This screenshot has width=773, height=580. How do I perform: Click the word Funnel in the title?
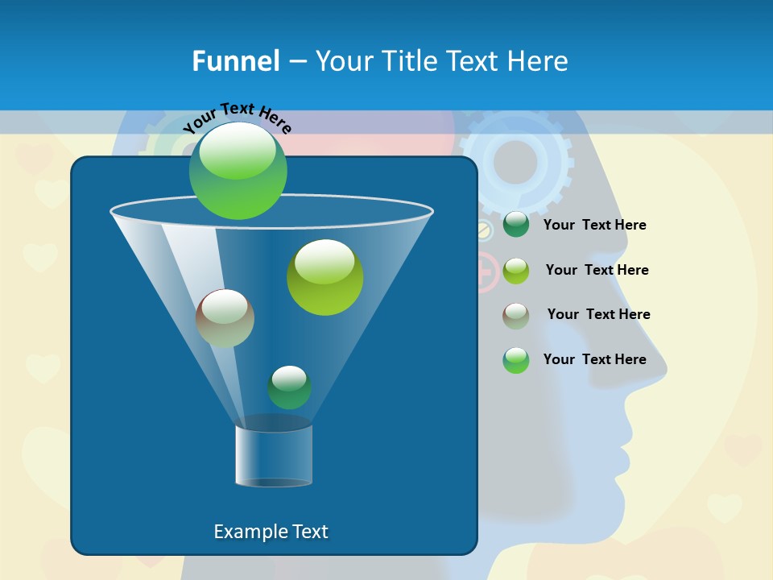tap(235, 61)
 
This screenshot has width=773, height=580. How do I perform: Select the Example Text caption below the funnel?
tap(271, 532)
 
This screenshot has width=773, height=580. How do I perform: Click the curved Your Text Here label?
tap(237, 118)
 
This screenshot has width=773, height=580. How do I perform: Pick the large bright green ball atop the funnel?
tap(238, 170)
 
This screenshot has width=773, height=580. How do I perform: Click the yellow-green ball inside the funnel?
tap(324, 277)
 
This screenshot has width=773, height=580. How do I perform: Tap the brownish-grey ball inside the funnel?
tap(225, 318)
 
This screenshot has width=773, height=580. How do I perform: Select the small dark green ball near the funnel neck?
tap(289, 387)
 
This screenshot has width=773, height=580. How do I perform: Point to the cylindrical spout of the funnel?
tap(274, 456)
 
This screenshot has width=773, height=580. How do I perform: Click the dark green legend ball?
tap(516, 225)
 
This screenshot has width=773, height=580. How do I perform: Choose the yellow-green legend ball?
tap(516, 271)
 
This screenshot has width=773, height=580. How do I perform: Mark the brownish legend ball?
tap(516, 316)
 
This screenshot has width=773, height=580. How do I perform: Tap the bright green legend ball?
tap(516, 360)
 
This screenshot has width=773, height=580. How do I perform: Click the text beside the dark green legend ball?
tap(594, 226)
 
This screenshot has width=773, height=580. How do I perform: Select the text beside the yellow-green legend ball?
tap(597, 271)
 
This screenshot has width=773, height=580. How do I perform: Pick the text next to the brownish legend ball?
tap(598, 315)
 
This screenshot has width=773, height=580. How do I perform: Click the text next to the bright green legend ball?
tap(594, 359)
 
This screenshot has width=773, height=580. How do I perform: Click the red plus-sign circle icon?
tap(486, 271)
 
